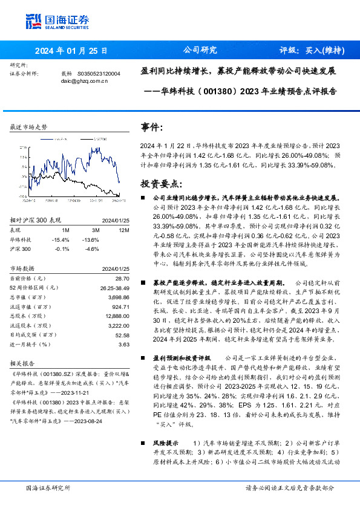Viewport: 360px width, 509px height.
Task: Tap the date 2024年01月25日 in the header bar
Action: [x=71, y=51]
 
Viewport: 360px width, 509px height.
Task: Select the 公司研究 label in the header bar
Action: [x=200, y=51]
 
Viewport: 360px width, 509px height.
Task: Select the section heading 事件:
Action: [x=152, y=128]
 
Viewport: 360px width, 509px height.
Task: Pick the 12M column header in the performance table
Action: [x=123, y=230]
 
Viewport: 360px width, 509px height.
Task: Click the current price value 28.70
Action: [x=122, y=277]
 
